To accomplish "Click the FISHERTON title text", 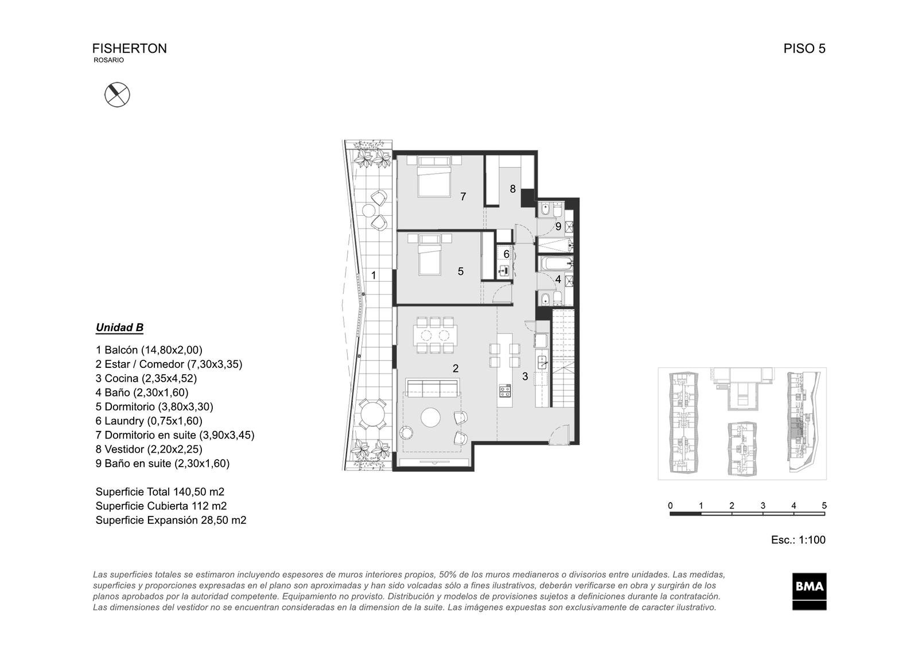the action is pyautogui.click(x=130, y=49).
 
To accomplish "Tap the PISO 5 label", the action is pyautogui.click(x=804, y=49).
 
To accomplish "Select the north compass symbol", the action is pyautogui.click(x=117, y=95).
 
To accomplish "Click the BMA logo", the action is pyautogui.click(x=810, y=591).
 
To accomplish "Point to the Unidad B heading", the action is pyautogui.click(x=120, y=328).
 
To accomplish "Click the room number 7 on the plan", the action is pyautogui.click(x=463, y=197).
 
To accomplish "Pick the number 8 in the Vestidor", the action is pyautogui.click(x=513, y=189).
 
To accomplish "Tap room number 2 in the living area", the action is pyautogui.click(x=456, y=368).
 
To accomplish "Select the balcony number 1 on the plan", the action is pyautogui.click(x=374, y=275).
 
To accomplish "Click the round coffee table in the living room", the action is pyautogui.click(x=431, y=418).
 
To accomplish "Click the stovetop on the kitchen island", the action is pyautogui.click(x=505, y=391).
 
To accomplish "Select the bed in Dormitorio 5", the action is pyautogui.click(x=430, y=255).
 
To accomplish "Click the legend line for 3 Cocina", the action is pyautogui.click(x=146, y=378).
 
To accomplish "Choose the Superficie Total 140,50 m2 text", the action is pyautogui.click(x=160, y=492).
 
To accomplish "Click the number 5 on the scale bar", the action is pyautogui.click(x=824, y=506).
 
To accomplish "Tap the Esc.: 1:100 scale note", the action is pyautogui.click(x=798, y=540).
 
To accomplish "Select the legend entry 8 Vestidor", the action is pyautogui.click(x=149, y=449).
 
